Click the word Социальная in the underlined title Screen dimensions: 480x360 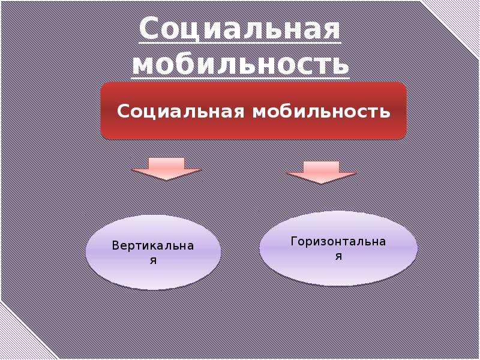click(240, 29)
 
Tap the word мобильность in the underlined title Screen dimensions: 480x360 click(241, 64)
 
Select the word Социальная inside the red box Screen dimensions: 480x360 click(181, 112)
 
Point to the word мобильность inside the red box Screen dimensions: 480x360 click(322, 112)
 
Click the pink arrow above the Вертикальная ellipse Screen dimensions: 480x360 click(166, 169)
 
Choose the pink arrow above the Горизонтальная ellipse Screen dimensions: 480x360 click(322, 172)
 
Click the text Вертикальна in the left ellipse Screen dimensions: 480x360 click(153, 246)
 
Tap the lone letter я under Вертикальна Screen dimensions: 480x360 click(153, 260)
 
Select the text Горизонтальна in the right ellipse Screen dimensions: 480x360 click(338, 242)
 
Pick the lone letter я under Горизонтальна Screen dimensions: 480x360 click(338, 256)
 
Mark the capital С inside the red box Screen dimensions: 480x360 click(123, 112)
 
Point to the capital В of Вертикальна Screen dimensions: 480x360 click(115, 246)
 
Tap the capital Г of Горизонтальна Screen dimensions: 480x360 click(294, 241)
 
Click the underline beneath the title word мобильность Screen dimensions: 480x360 click(241, 79)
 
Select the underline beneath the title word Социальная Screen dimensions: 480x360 click(240, 43)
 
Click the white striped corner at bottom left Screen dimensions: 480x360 click(22, 334)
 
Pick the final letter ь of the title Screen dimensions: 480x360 click(339, 65)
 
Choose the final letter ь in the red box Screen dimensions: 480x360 click(385, 112)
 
